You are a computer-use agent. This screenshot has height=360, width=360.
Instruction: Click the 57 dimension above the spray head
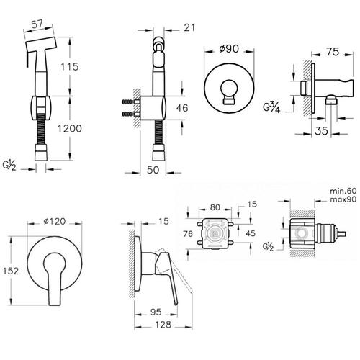pyautogui.click(x=37, y=24)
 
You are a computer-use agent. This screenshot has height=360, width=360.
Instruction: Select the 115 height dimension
pyautogui.click(x=70, y=67)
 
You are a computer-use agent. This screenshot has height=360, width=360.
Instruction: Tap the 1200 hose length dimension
pyautogui.click(x=70, y=129)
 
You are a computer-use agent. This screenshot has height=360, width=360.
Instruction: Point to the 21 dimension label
pyautogui.click(x=189, y=28)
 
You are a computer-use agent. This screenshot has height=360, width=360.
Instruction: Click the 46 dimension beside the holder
pyautogui.click(x=182, y=108)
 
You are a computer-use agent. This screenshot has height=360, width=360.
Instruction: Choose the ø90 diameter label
pyautogui.click(x=229, y=49)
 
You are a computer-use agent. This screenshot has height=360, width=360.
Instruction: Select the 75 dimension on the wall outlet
pyautogui.click(x=333, y=52)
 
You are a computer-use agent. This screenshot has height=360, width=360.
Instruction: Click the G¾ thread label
pyautogui.click(x=271, y=107)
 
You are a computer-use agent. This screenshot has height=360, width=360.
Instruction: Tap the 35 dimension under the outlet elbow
pyautogui.click(x=322, y=131)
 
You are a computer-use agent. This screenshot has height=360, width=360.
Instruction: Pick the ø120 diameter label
pyautogui.click(x=55, y=221)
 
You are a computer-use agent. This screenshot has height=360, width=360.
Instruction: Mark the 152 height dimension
pyautogui.click(x=11, y=271)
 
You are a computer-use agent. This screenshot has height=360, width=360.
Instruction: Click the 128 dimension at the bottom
pyautogui.click(x=163, y=325)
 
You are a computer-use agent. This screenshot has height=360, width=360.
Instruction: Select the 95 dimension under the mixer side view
pyautogui.click(x=156, y=312)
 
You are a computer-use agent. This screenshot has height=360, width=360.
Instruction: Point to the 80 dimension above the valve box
pyautogui.click(x=215, y=207)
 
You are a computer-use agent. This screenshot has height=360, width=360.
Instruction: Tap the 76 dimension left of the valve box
pyautogui.click(x=188, y=233)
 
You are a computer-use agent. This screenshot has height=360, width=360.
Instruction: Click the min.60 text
pyautogui.click(x=343, y=191)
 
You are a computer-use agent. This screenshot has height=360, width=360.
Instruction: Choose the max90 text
pyautogui.click(x=343, y=199)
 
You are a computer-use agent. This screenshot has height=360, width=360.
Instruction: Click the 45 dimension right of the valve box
pyautogui.click(x=251, y=233)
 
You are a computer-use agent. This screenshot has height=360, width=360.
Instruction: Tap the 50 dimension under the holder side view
pyautogui.click(x=153, y=170)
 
